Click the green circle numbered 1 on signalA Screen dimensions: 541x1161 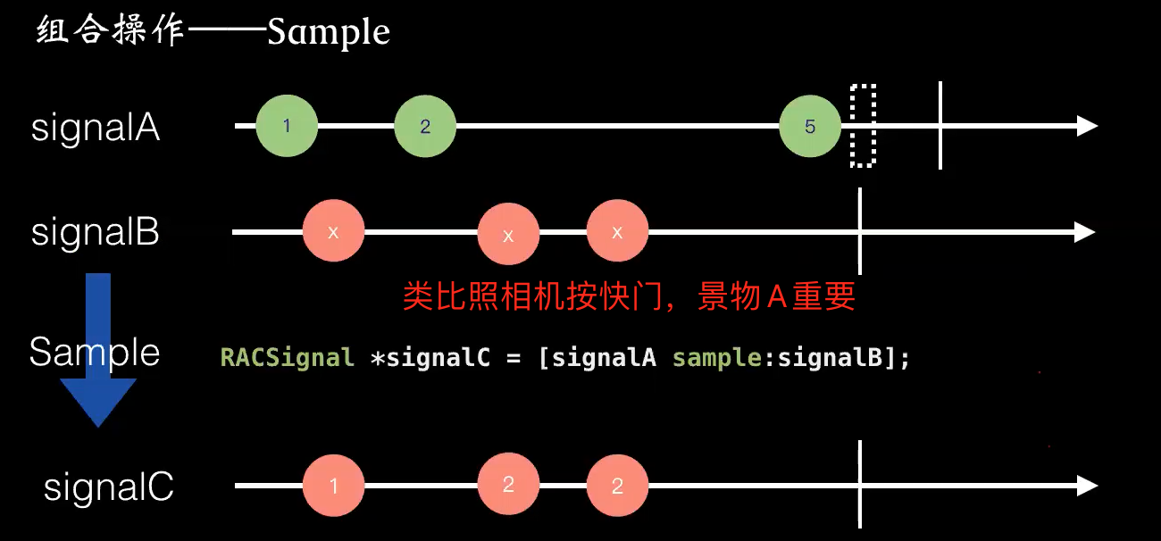pyautogui.click(x=287, y=126)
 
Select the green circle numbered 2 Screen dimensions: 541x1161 pyautogui.click(x=425, y=126)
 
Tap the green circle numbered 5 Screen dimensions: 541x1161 pyautogui.click(x=810, y=126)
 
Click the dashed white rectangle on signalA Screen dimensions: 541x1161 pyautogui.click(x=863, y=126)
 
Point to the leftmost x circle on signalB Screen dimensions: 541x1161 pyautogui.click(x=333, y=232)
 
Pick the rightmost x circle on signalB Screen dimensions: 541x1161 pyautogui.click(x=617, y=232)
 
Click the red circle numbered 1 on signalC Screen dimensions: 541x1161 pyautogui.click(x=333, y=487)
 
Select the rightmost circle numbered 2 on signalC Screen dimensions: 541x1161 pyautogui.click(x=617, y=487)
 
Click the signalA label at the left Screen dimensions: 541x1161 pyautogui.click(x=96, y=129)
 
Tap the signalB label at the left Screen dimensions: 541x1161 pyautogui.click(x=96, y=233)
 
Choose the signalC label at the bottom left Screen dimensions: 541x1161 pyautogui.click(x=108, y=488)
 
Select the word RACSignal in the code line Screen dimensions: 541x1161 pyautogui.click(x=288, y=359)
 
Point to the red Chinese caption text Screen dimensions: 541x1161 pyautogui.click(x=629, y=296)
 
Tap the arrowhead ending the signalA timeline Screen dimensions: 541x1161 pyautogui.click(x=1087, y=126)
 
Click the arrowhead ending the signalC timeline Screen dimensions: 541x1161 pyautogui.click(x=1087, y=487)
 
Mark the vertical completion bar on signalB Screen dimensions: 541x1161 pyautogui.click(x=860, y=232)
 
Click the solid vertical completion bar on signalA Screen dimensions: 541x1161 pyautogui.click(x=940, y=126)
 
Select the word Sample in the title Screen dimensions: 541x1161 pyautogui.click(x=329, y=34)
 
